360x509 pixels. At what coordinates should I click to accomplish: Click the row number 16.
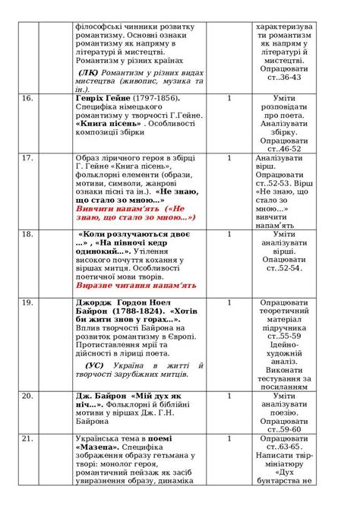pos(27,99)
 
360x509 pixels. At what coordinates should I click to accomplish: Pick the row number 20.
pos(27,396)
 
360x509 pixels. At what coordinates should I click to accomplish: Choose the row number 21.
pos(27,438)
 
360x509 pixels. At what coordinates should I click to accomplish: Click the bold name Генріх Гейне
pos(103,99)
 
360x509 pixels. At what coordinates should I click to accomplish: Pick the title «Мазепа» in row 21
pos(95,448)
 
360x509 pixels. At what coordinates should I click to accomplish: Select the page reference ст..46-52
pos(284,148)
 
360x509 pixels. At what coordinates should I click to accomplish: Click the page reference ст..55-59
pos(284,335)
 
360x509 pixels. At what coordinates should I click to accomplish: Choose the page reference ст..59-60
pos(284,429)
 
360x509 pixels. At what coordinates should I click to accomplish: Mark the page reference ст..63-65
pos(284,448)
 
